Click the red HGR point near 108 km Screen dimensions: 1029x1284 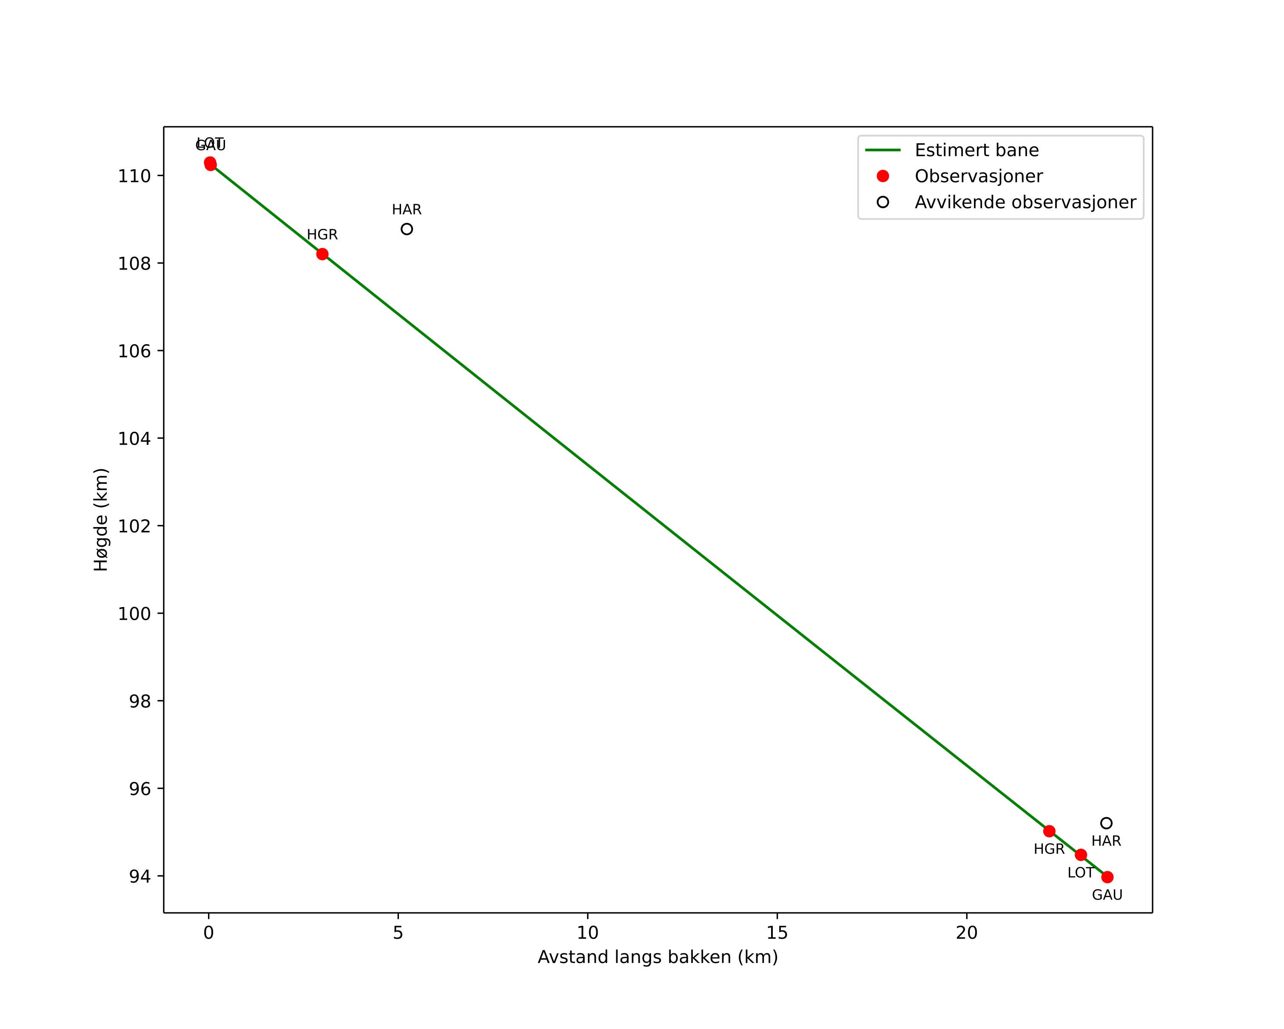[322, 254]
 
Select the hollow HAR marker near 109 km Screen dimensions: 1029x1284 [407, 229]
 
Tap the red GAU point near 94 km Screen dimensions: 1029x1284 [1107, 877]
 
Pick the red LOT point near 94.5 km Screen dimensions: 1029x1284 [1081, 855]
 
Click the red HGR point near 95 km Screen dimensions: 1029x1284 [1049, 831]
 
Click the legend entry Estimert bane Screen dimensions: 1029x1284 [977, 150]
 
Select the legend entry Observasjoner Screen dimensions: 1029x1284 [979, 176]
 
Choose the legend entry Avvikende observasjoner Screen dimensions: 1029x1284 [1025, 202]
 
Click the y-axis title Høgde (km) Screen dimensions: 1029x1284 [101, 520]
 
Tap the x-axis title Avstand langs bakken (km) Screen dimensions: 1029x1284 [658, 957]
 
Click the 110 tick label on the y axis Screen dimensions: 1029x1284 [134, 176]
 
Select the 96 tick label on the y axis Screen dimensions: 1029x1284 [140, 789]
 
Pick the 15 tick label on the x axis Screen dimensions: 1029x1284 [777, 933]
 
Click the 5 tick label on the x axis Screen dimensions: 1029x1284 [398, 933]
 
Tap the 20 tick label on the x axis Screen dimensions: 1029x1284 [967, 933]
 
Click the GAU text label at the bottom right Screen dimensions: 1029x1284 [1107, 895]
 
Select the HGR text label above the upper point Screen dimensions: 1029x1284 [322, 235]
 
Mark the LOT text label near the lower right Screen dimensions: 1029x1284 [1080, 873]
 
